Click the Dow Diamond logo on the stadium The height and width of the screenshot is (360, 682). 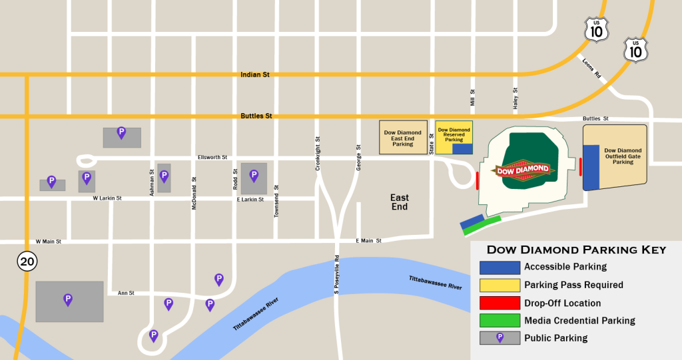pos(524,170)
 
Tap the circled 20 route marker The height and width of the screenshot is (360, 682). pos(27,262)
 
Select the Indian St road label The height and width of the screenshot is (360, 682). pos(254,75)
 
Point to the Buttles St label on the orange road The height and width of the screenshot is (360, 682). pos(256,116)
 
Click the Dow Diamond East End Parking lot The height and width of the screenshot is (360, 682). pos(403,138)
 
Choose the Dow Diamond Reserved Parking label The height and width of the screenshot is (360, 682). pos(454,134)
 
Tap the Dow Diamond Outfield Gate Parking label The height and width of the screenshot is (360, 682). pos(623,156)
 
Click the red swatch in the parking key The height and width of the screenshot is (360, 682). pos(500,303)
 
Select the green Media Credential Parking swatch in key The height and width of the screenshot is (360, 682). pos(500,321)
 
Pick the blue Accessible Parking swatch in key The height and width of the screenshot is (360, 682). pos(500,267)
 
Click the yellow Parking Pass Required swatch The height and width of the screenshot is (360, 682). pos(500,285)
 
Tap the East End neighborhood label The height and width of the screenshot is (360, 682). pos(400,202)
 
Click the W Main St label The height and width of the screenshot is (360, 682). pos(48,242)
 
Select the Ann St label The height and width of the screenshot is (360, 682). pos(126,293)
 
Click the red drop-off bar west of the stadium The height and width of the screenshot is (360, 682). pos(478,180)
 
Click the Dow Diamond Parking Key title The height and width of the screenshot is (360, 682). pos(576,250)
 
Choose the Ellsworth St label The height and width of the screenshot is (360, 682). pos(212,158)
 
